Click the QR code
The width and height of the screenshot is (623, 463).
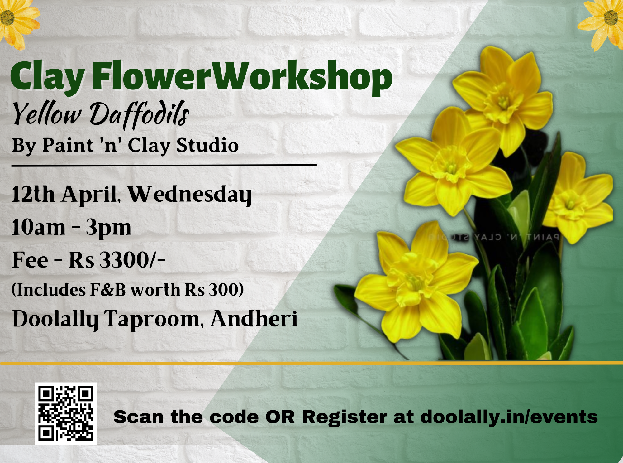click(x=66, y=413)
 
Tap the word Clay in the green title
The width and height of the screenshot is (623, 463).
click(x=47, y=78)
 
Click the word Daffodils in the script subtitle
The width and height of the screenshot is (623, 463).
click(x=140, y=115)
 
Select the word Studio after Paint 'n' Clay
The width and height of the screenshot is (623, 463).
click(x=207, y=145)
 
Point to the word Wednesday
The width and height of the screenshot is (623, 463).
click(x=189, y=195)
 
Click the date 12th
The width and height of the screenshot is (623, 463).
click(x=33, y=194)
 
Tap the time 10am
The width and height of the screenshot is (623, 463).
click(x=38, y=227)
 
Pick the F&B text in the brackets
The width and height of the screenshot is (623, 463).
click(x=108, y=290)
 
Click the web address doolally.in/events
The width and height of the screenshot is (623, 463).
click(x=509, y=417)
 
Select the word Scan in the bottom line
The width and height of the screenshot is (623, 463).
click(x=139, y=417)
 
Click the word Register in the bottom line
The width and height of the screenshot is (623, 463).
click(x=345, y=418)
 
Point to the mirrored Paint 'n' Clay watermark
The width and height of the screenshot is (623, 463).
click(x=494, y=237)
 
